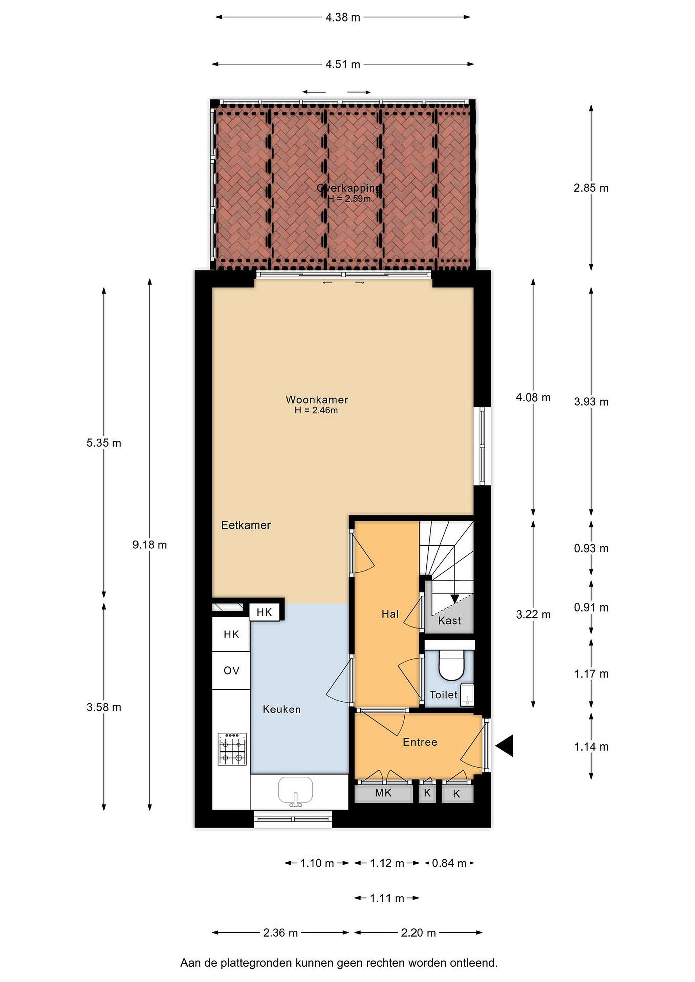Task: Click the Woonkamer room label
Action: pyautogui.click(x=317, y=400)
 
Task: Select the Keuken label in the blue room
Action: pyautogui.click(x=281, y=709)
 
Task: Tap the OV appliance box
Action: pyautogui.click(x=232, y=671)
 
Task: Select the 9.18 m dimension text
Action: pyautogui.click(x=149, y=545)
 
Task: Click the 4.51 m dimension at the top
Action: pyautogui.click(x=343, y=64)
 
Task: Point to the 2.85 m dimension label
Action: pyautogui.click(x=591, y=188)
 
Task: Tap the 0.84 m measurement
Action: pyautogui.click(x=449, y=863)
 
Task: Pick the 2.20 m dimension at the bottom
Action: pyautogui.click(x=418, y=933)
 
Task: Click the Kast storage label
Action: pyautogui.click(x=449, y=621)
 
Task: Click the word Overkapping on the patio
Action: pyautogui.click(x=348, y=188)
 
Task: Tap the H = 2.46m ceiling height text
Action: pyautogui.click(x=316, y=411)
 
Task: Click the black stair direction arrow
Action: pyautogui.click(x=454, y=599)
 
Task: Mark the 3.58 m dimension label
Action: pyautogui.click(x=104, y=708)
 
